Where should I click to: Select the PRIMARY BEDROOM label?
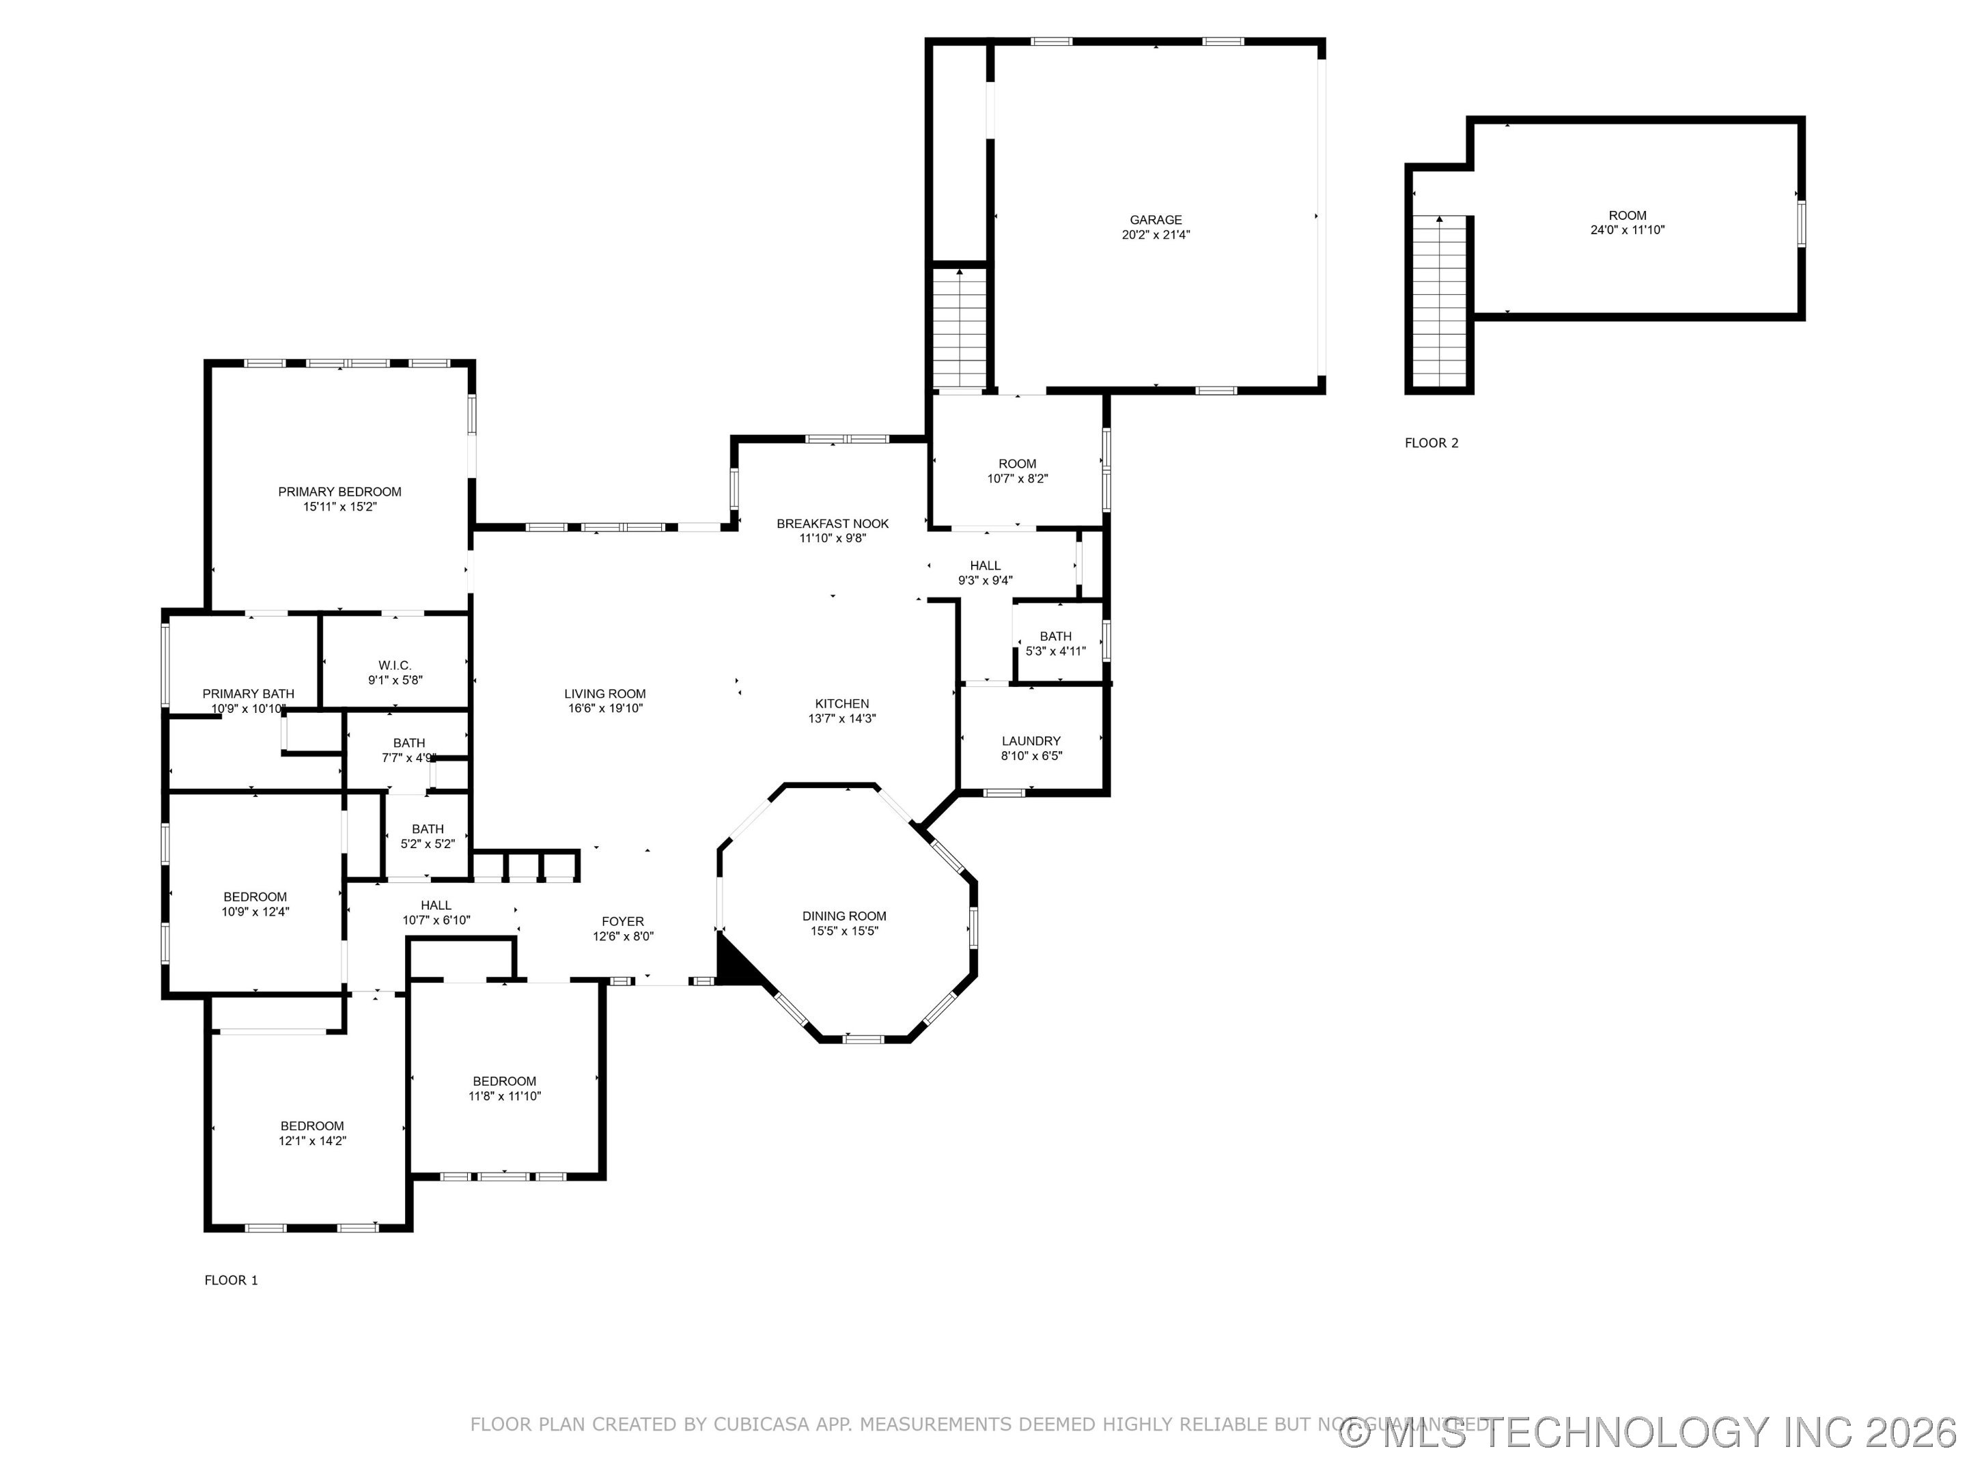[339, 492]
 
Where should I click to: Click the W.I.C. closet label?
[395, 665]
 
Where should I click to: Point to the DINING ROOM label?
[844, 916]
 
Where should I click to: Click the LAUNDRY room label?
[1031, 741]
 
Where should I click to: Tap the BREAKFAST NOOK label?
[833, 524]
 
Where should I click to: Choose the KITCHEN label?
[841, 703]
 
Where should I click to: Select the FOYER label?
[622, 921]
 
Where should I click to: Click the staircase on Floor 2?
[1439, 303]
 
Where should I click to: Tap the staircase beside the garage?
[959, 329]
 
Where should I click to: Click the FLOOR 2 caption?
[1431, 442]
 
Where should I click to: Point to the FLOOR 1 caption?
[232, 1280]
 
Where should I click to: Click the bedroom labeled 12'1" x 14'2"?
[312, 1133]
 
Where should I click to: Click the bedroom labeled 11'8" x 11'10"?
[504, 1088]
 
